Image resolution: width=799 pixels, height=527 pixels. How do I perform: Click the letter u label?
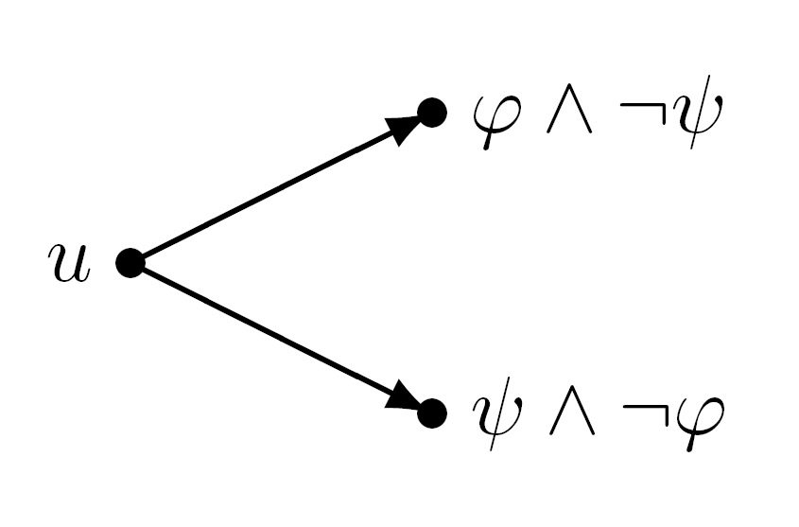[x=70, y=263]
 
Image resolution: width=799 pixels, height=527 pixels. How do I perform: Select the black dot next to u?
[x=130, y=263]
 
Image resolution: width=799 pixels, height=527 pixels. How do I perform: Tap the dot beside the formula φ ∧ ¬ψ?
[x=432, y=113]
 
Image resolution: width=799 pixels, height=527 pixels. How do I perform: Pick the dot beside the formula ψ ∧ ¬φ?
[x=432, y=413]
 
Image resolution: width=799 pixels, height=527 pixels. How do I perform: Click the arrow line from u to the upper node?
[x=281, y=187]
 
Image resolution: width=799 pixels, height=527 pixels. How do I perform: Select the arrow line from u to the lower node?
[x=281, y=338]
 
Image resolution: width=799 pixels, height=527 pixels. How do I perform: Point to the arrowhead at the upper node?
[x=405, y=128]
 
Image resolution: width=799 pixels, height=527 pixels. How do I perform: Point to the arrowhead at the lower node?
[x=405, y=396]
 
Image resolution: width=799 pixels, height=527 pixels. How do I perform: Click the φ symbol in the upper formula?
[x=496, y=121]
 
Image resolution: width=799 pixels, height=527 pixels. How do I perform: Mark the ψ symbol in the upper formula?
[x=697, y=113]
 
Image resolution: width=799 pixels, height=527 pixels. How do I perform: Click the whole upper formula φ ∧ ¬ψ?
[x=598, y=113]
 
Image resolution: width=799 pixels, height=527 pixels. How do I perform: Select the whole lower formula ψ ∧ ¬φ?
[x=599, y=414]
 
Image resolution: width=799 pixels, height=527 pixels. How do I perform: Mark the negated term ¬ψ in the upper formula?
[x=671, y=113]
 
